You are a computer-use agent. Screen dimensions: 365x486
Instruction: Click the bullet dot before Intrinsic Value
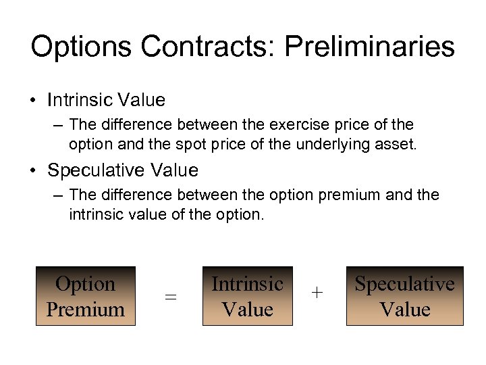(33, 101)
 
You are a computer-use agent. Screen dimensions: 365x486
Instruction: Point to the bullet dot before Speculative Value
(33, 170)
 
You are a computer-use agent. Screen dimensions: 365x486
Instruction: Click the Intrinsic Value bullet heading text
(106, 100)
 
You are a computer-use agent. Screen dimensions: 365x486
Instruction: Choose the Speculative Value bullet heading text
(123, 170)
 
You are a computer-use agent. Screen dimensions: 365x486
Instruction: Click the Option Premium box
(86, 296)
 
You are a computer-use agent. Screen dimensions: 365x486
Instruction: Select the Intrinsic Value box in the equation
(247, 296)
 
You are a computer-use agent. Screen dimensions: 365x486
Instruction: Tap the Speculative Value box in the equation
(404, 296)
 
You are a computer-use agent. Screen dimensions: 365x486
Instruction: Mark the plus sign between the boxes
(317, 293)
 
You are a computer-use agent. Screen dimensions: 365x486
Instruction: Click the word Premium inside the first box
(86, 310)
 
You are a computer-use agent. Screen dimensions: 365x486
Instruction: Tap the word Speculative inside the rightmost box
(404, 284)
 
